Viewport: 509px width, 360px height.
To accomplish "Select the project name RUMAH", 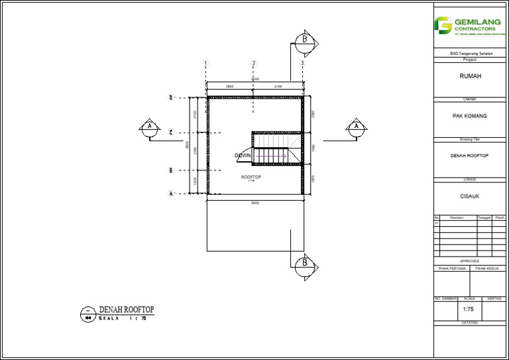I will pos(471,76).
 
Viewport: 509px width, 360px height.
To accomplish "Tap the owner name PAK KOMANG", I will pos(470,116).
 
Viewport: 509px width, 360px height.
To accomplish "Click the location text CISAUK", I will pos(470,196).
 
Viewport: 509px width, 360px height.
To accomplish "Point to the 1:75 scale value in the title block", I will pos(469,310).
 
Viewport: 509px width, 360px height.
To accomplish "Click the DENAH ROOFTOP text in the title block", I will pos(470,156).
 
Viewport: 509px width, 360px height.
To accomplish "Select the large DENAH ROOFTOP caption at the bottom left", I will pos(126,310).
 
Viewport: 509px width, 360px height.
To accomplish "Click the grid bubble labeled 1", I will pos(206,64).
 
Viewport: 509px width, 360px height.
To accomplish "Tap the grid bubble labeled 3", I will pos(302,64).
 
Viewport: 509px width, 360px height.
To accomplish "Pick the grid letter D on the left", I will pos(170,98).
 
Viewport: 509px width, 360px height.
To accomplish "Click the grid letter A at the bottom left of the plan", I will pos(170,194).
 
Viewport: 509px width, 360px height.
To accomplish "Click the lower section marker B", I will pos(304,263).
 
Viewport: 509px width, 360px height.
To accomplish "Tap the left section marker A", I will pos(150,126).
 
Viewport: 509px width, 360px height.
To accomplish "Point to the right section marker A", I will pos(357,126).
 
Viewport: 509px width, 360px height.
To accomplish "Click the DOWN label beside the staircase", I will pos(243,156).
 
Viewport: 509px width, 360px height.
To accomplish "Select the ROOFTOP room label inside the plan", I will pos(251,178).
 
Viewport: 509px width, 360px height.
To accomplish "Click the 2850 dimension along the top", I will pos(229,87).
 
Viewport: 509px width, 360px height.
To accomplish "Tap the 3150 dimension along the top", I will pos(278,87).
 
